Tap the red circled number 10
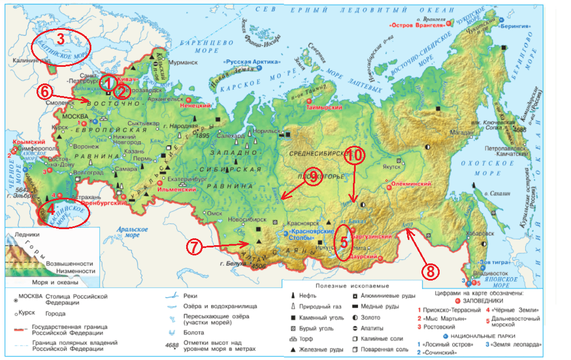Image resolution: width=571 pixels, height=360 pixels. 355,155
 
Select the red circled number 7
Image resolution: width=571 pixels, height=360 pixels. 194,247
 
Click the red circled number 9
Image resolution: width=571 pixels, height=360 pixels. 312,178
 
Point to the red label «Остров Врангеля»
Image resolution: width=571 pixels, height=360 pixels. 417,26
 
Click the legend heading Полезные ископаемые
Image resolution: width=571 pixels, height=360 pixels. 348,285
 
